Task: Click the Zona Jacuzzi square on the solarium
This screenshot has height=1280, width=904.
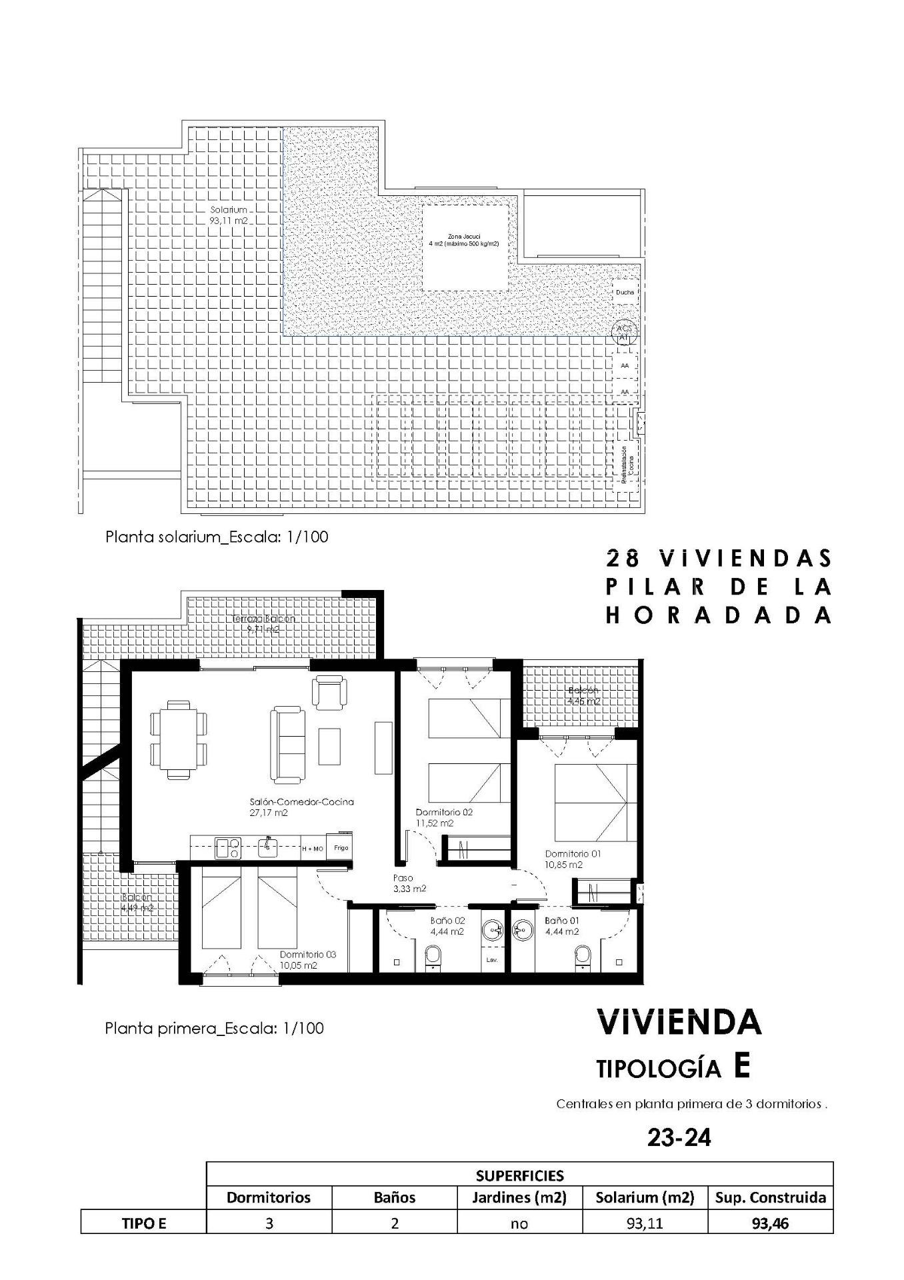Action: pos(465,247)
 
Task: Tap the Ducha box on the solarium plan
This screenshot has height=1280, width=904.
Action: pos(625,292)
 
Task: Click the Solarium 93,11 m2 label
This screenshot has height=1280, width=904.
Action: pos(229,215)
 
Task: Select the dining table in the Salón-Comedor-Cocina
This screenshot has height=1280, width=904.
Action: pos(179,739)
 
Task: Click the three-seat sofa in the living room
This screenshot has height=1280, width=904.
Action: pos(287,745)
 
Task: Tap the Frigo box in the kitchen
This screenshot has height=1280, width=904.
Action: pos(341,848)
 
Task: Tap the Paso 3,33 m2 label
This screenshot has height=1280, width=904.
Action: pos(409,883)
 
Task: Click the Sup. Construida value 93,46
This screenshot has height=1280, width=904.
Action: pos(770,1223)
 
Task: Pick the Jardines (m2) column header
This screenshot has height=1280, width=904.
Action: pos(519,1197)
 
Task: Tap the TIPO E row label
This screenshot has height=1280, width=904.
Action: pos(143,1223)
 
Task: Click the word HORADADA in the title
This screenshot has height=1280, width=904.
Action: pos(719,615)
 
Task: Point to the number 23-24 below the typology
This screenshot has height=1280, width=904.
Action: pos(679,1137)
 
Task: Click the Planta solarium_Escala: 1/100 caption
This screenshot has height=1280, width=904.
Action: pos(217,537)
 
